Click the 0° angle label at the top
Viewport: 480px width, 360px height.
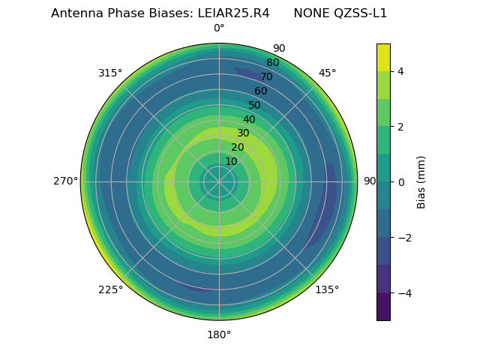(x=219, y=28)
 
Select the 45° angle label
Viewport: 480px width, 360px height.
(x=327, y=73)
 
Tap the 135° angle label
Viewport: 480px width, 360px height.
(x=327, y=290)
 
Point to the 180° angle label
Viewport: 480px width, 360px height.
(x=219, y=334)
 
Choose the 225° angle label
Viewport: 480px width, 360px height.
(x=110, y=290)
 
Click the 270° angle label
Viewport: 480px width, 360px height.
(x=65, y=181)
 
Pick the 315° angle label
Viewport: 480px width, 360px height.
(x=110, y=73)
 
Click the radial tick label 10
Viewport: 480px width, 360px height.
(x=231, y=162)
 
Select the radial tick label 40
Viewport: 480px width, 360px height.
(x=249, y=120)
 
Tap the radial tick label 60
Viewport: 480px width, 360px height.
(x=260, y=91)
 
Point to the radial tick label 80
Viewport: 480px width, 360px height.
(x=272, y=63)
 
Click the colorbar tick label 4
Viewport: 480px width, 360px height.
(x=401, y=71)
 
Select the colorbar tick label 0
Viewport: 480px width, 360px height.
(x=401, y=182)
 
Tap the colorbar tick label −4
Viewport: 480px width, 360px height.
(x=403, y=293)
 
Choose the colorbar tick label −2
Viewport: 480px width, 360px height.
(x=403, y=238)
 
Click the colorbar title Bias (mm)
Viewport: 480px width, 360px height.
(x=421, y=181)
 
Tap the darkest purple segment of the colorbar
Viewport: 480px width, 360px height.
(x=383, y=306)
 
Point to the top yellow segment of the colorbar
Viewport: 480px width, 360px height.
(x=383, y=57)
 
